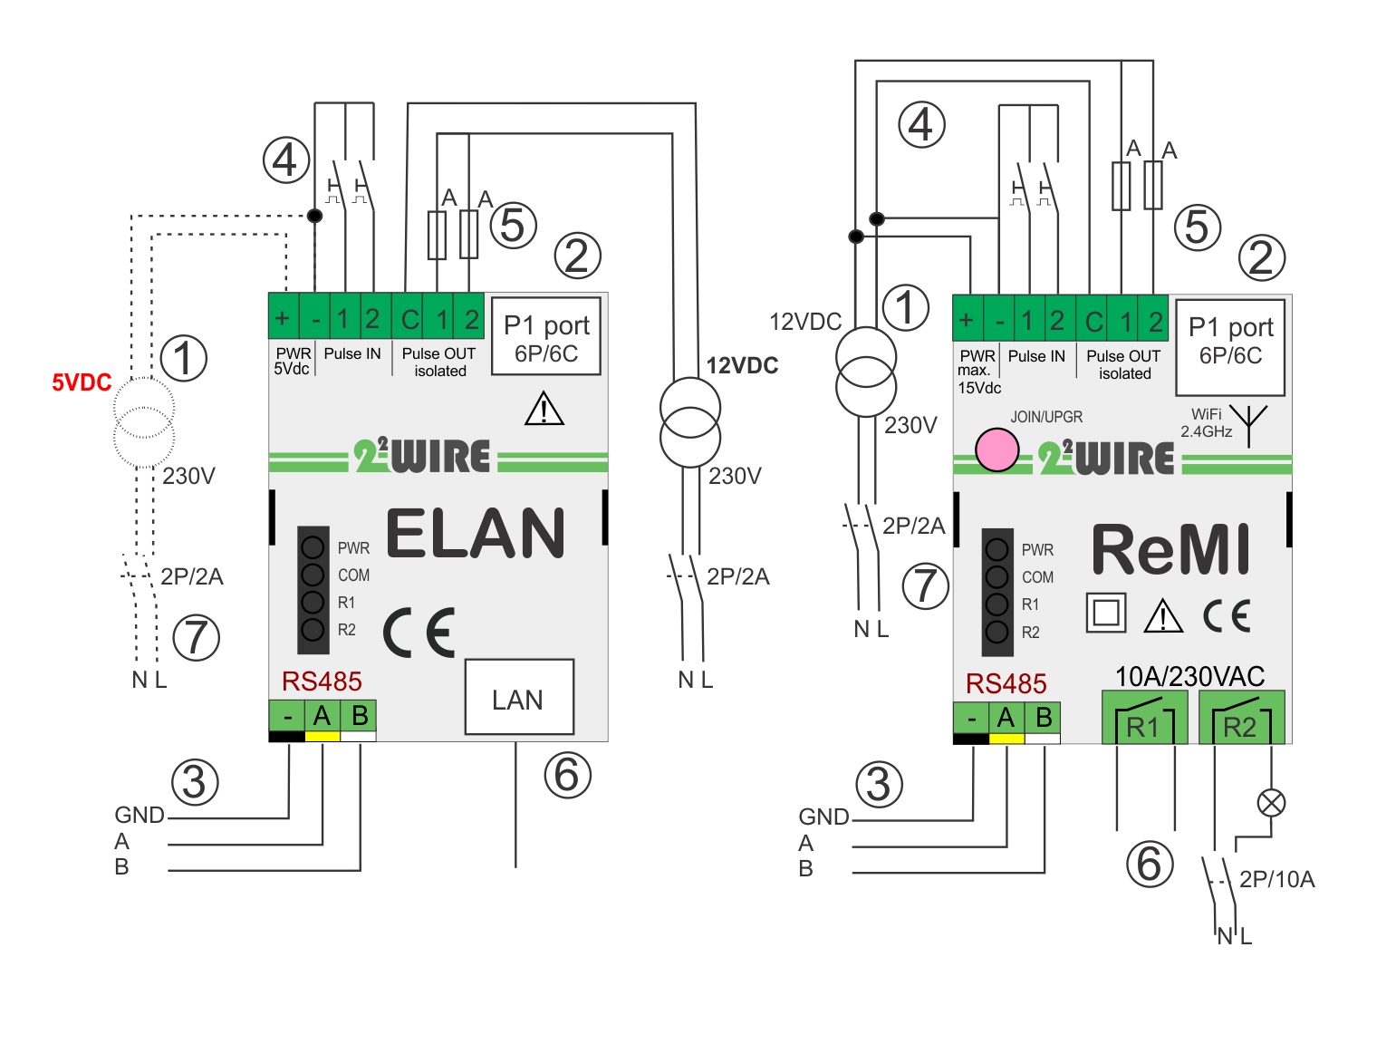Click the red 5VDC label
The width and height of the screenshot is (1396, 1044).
point(82,382)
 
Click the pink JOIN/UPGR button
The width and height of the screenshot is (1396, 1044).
point(996,450)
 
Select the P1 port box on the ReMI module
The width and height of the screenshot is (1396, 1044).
point(1230,347)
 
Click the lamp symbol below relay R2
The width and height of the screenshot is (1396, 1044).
point(1271,802)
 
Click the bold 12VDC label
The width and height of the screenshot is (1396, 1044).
point(742,366)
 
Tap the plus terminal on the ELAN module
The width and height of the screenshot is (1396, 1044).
point(283,317)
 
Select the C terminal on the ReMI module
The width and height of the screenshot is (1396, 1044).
point(1094,321)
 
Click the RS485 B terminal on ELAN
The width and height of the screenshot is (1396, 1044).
point(360,716)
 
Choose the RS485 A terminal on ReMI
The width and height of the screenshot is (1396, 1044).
point(1006,719)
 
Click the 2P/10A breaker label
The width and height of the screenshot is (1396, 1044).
point(1276,879)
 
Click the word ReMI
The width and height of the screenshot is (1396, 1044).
point(1170,550)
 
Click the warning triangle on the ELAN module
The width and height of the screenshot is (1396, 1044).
point(544,410)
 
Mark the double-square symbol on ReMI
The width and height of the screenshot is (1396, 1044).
point(1106,613)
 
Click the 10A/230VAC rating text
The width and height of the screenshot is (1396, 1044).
point(1189,676)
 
